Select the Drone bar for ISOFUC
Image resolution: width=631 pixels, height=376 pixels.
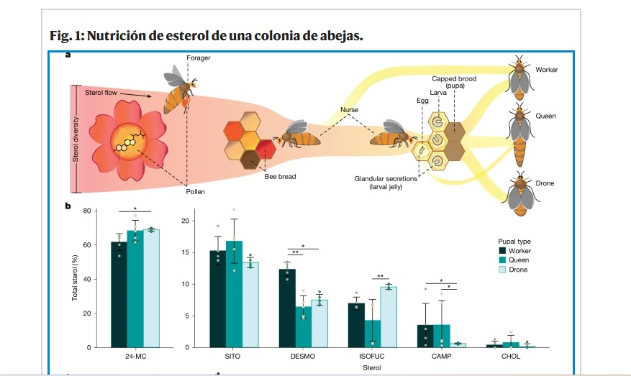coord(389,317)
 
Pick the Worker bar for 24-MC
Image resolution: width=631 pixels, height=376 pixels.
coord(119,295)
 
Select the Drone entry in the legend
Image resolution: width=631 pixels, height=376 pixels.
coord(517,270)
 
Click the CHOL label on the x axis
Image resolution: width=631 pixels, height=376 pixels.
coord(511,357)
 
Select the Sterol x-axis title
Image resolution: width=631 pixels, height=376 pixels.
coord(372,367)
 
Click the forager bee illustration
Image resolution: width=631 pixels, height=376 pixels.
coord(176,90)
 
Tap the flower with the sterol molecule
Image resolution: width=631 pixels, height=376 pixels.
coord(126,141)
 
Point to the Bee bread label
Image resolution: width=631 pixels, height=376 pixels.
coord(280,176)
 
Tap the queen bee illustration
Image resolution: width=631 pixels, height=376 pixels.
coord(517,133)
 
